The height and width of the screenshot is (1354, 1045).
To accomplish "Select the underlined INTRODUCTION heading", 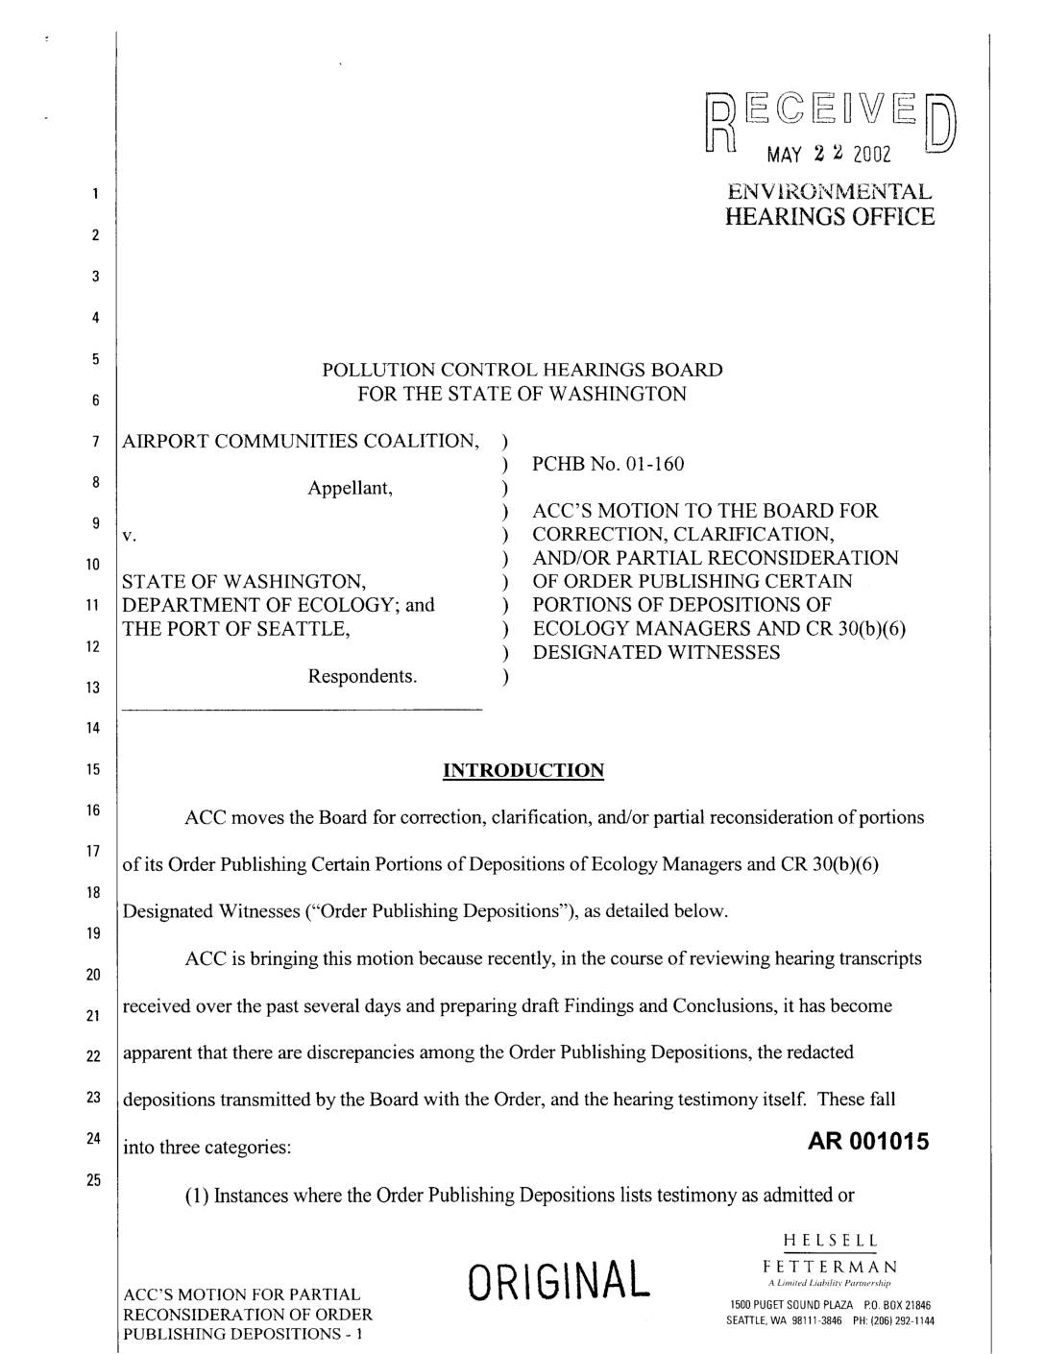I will [522, 770].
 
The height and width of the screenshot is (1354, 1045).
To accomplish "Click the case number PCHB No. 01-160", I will [608, 465].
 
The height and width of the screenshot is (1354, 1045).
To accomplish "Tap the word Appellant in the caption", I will [351, 488].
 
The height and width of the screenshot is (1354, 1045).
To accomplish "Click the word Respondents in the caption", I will [362, 676].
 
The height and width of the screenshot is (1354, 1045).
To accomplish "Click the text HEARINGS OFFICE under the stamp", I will [829, 216].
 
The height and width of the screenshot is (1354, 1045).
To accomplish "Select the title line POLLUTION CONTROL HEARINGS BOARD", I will [522, 370].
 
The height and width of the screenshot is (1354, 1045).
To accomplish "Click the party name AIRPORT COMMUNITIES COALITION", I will [299, 441].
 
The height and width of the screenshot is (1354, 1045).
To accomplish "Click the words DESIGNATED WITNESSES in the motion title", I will [656, 653].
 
